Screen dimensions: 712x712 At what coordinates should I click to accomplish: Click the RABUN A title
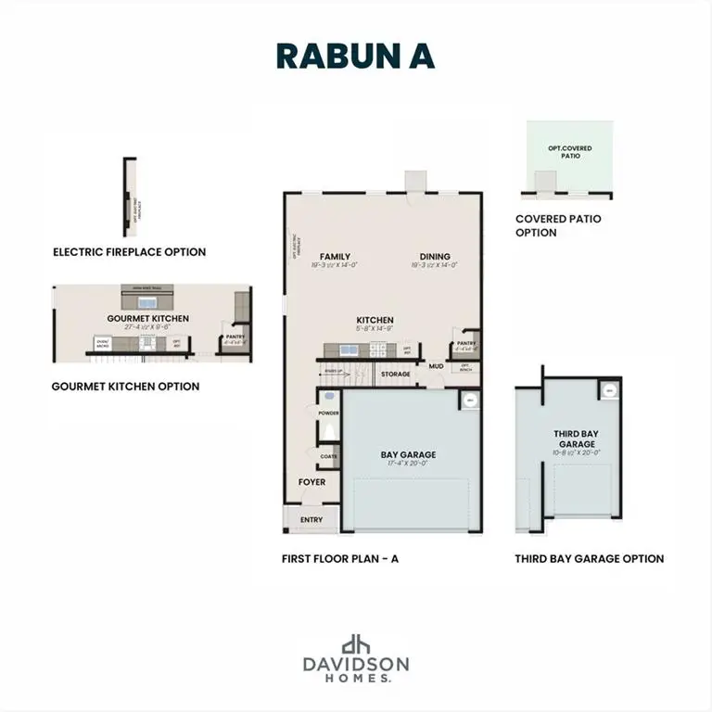coord(355,56)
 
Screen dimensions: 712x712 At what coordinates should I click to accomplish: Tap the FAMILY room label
coord(334,257)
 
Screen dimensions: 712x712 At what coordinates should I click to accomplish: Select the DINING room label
coord(434,257)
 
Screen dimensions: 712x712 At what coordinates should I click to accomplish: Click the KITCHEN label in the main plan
coord(375,320)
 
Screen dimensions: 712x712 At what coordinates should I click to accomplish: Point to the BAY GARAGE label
coord(408,455)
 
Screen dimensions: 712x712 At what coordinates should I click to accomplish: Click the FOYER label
coord(311,482)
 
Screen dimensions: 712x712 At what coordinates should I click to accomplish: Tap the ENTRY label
coord(311,520)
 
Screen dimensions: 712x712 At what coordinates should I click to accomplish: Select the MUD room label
coord(436,366)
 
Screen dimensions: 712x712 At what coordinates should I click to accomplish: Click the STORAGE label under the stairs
coord(395,375)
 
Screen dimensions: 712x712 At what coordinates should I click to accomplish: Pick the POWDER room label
coord(328,413)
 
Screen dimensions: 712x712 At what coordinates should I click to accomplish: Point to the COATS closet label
coord(328,456)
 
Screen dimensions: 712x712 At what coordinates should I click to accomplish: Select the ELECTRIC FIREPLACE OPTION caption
coord(130,252)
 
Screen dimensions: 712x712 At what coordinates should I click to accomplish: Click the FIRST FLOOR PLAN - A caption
coord(339,559)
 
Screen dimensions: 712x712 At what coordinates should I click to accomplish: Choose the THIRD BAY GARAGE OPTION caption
coord(590,559)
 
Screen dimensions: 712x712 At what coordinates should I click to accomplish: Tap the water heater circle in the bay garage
coord(470,400)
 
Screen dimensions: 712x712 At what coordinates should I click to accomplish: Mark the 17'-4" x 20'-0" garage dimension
coord(408,464)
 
